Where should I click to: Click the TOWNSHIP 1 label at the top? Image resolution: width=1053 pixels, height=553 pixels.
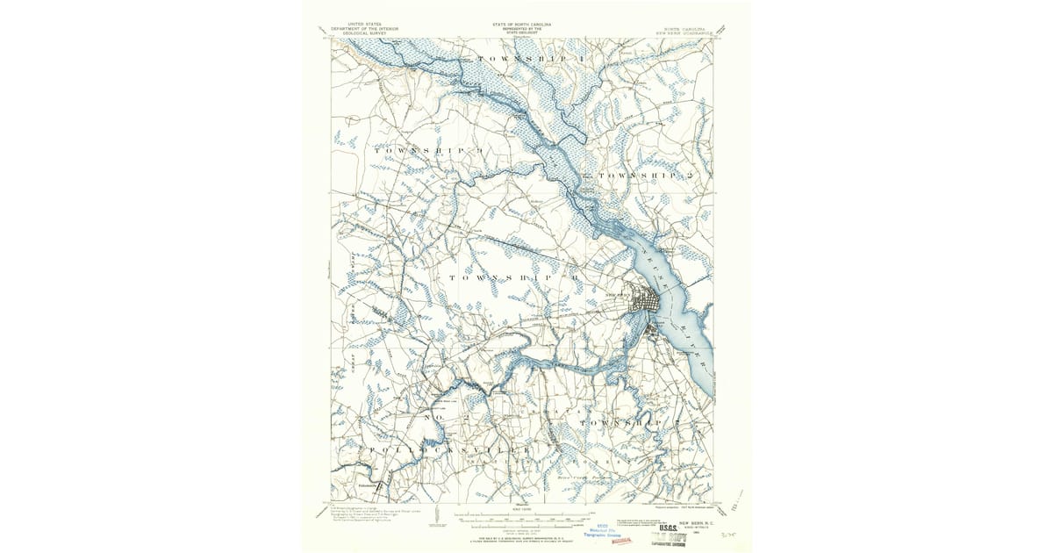click(x=530, y=58)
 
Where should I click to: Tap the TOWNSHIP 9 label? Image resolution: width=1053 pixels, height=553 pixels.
click(x=429, y=150)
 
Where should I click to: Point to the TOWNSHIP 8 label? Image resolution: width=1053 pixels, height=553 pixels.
click(x=514, y=277)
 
